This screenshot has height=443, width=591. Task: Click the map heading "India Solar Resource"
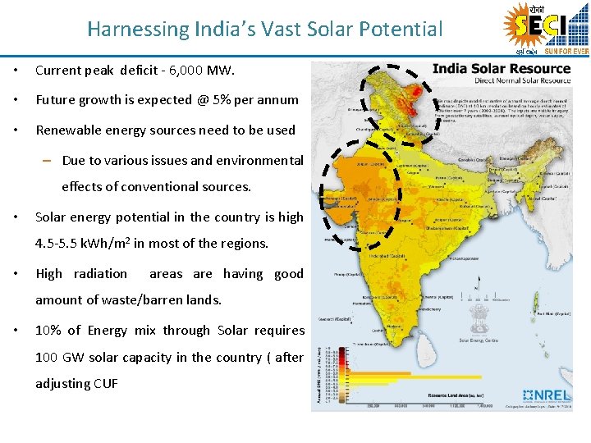click(501, 68)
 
